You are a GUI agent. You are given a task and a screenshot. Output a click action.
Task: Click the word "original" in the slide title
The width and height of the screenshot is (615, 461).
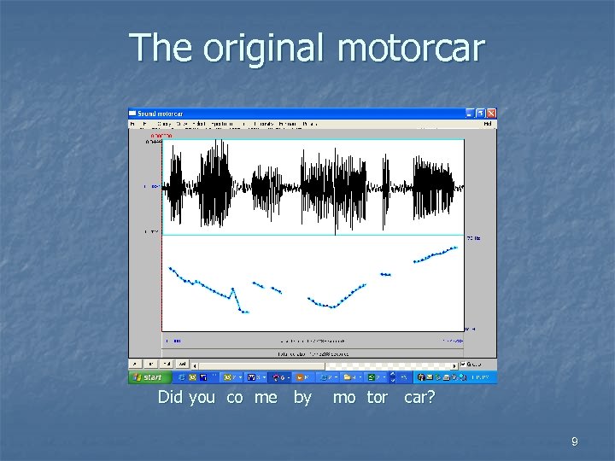(264, 49)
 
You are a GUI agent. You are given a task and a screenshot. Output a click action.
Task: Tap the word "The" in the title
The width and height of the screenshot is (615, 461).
(161, 48)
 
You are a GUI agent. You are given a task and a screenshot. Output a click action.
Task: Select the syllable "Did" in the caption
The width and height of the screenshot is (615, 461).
(171, 398)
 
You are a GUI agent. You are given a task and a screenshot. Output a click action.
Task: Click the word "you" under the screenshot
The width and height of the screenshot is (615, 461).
(202, 399)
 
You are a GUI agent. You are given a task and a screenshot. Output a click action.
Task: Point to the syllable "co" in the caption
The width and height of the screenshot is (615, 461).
(235, 399)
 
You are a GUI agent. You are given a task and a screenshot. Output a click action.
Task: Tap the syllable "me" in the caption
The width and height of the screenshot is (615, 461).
(266, 399)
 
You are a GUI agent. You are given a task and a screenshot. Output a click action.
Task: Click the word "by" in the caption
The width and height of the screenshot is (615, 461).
(302, 399)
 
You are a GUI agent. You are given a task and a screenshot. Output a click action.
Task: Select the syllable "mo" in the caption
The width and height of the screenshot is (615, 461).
(344, 399)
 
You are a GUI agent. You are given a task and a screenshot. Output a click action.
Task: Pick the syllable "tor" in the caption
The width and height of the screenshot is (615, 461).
(377, 399)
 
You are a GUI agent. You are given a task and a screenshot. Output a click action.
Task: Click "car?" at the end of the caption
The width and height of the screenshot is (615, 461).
(419, 399)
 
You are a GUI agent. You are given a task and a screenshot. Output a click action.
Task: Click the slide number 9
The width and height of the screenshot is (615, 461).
(574, 441)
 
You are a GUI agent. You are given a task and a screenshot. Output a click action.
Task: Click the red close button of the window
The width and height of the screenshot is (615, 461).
(491, 114)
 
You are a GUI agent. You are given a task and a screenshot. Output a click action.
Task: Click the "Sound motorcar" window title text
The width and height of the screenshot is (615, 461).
(161, 114)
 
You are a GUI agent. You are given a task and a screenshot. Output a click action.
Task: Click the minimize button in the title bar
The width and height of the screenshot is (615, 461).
(470, 114)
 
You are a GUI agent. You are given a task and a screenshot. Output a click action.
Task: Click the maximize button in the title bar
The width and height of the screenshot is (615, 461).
(480, 114)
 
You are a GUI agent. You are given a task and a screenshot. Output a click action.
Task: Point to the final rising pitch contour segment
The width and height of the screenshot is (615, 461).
(436, 254)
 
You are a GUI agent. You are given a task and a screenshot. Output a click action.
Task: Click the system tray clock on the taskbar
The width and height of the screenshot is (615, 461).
(483, 377)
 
